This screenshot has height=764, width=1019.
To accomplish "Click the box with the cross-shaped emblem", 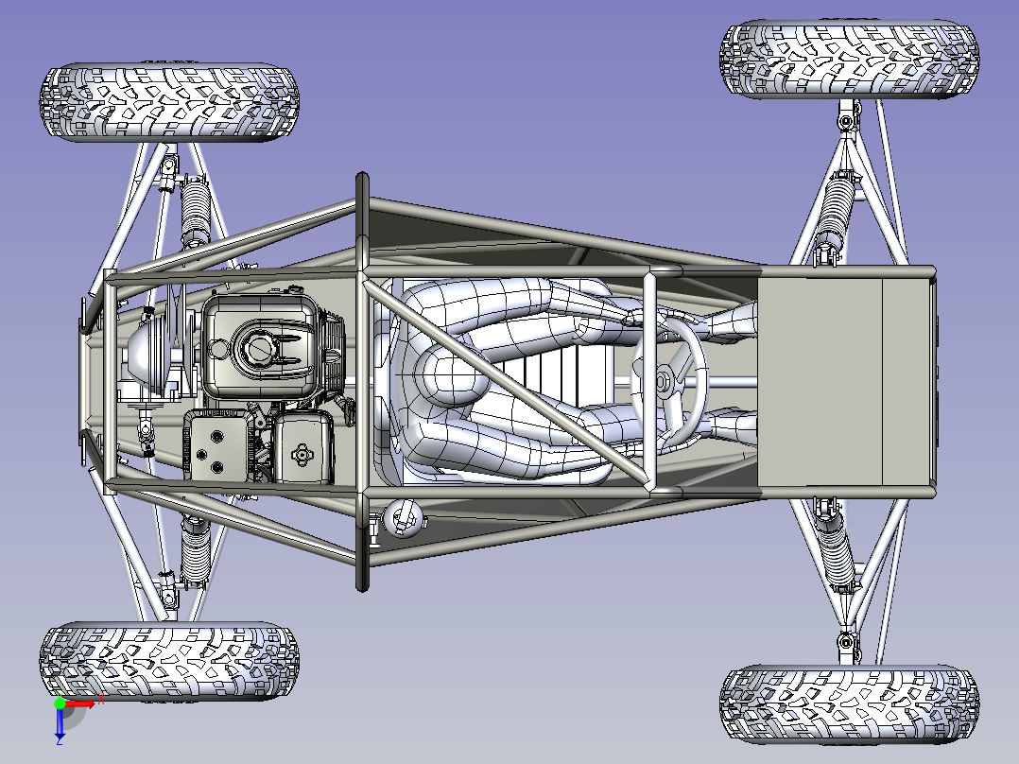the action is (302, 448).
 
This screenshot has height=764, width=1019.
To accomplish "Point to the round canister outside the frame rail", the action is (404, 517).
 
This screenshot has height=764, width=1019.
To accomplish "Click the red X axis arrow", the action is (80, 703).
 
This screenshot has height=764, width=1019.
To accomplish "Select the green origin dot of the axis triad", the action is (60, 703).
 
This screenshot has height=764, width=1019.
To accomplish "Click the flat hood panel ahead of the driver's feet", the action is (845, 382).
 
